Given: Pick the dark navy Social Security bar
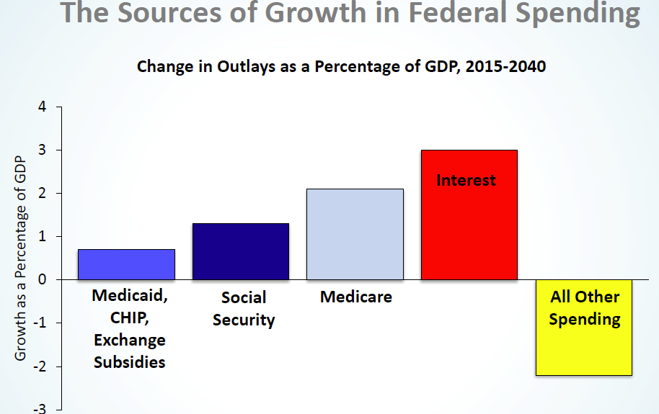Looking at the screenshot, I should [240, 251].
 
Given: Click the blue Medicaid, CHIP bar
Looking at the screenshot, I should [126, 264].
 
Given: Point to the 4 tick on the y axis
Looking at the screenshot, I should [42, 107].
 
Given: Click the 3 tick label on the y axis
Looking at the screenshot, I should [42, 150].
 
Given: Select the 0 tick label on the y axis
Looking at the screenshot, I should [42, 280].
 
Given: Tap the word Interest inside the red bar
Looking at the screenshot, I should [466, 180].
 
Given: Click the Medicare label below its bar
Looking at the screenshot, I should [356, 297].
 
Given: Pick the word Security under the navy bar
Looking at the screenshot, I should [244, 320].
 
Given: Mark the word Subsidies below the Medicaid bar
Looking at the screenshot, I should [130, 361].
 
